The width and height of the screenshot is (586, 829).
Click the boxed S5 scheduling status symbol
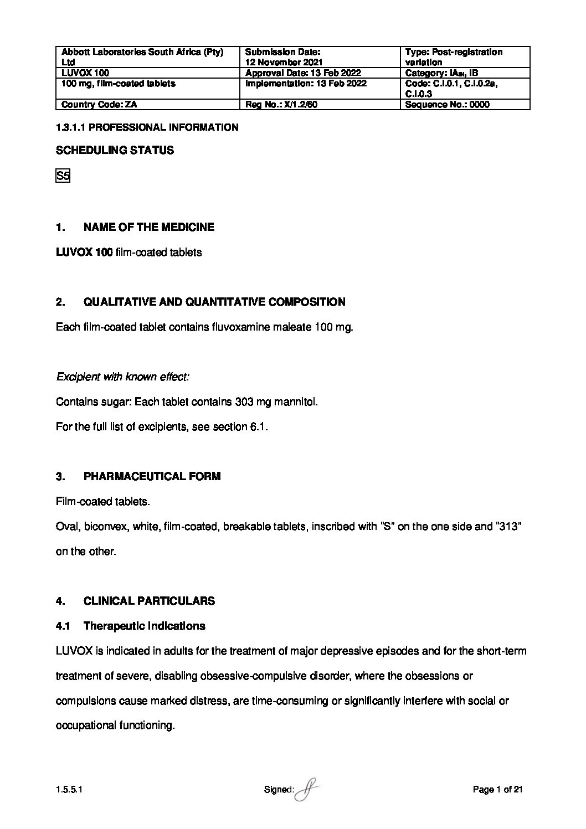pos(63,177)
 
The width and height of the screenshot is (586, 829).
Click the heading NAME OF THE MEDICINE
pos(148,227)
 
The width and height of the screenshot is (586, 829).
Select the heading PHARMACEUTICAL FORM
pos(152,476)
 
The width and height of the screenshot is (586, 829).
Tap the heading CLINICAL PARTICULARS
pos(149,601)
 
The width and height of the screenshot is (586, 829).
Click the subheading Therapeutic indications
pos(144,626)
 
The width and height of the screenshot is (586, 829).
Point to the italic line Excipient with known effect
pos(122,377)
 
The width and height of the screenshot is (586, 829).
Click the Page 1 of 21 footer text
pos(497,790)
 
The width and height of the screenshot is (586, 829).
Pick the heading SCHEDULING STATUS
pos(115,150)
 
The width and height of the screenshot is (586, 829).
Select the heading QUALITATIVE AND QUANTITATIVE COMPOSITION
pos(214,302)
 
